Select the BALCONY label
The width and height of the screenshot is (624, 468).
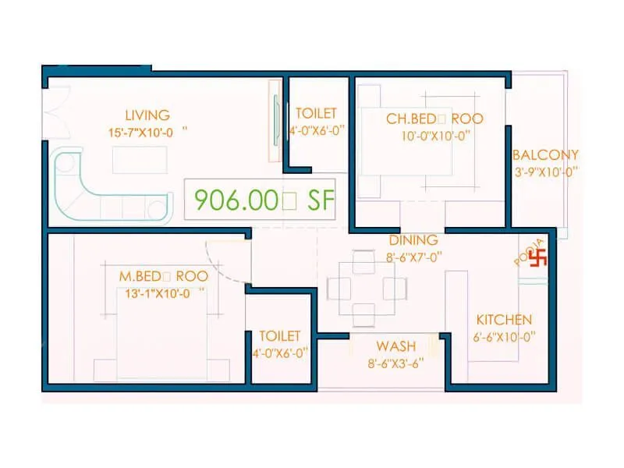click(x=545, y=155)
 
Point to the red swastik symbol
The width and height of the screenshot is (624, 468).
click(x=538, y=257)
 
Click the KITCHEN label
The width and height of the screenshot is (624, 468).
click(x=504, y=320)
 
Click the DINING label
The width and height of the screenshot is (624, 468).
click(x=413, y=240)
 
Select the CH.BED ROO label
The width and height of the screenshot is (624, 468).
click(x=434, y=119)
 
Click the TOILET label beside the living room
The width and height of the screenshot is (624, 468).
click(x=316, y=114)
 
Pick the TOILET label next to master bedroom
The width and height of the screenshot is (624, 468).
click(x=280, y=335)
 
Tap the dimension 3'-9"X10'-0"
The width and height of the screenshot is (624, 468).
click(x=545, y=172)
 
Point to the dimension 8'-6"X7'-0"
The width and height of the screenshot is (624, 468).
click(x=413, y=256)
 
